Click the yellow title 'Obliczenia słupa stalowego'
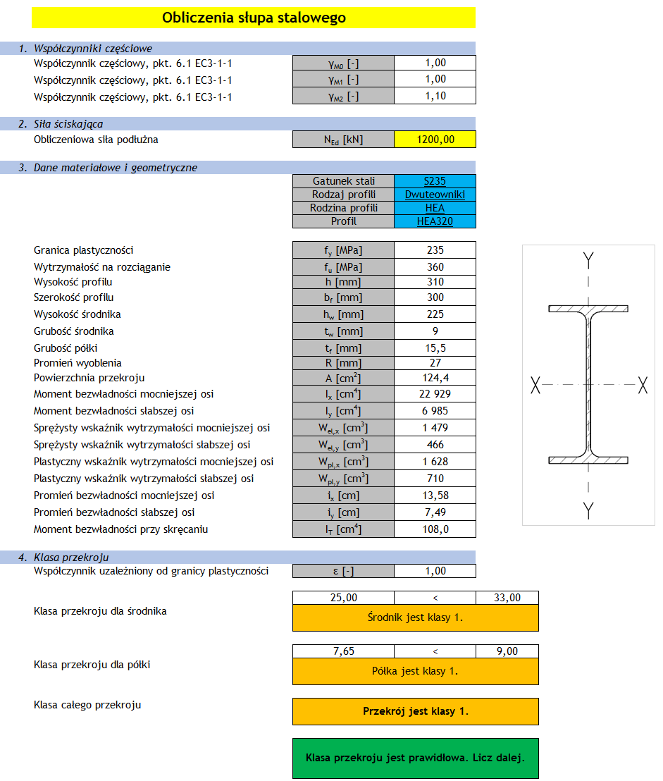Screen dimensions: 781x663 [x=254, y=18]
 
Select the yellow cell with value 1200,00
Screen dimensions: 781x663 [x=435, y=140]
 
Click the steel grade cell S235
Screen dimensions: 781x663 [x=435, y=181]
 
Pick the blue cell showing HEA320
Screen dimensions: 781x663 [x=435, y=221]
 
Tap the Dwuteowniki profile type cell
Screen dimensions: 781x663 [x=435, y=195]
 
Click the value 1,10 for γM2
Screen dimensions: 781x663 [x=435, y=96]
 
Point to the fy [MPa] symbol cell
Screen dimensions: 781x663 [x=343, y=250]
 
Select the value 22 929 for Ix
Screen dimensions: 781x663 [x=435, y=394]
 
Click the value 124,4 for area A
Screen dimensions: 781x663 [x=435, y=378]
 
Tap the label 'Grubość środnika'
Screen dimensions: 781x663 [x=74, y=331]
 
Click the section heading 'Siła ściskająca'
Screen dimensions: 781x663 [x=68, y=124]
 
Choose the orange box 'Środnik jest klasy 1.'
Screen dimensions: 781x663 [x=416, y=617]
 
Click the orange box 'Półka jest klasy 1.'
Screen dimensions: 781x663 [x=416, y=671]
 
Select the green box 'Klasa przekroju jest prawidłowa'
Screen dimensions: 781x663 [x=416, y=758]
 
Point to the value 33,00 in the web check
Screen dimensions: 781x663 [x=507, y=598]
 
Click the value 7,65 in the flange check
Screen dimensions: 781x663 [x=343, y=651]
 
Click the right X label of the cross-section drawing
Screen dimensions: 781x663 [x=642, y=385]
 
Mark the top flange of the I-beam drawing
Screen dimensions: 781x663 [x=588, y=309]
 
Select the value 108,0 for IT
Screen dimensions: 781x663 [x=435, y=529]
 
